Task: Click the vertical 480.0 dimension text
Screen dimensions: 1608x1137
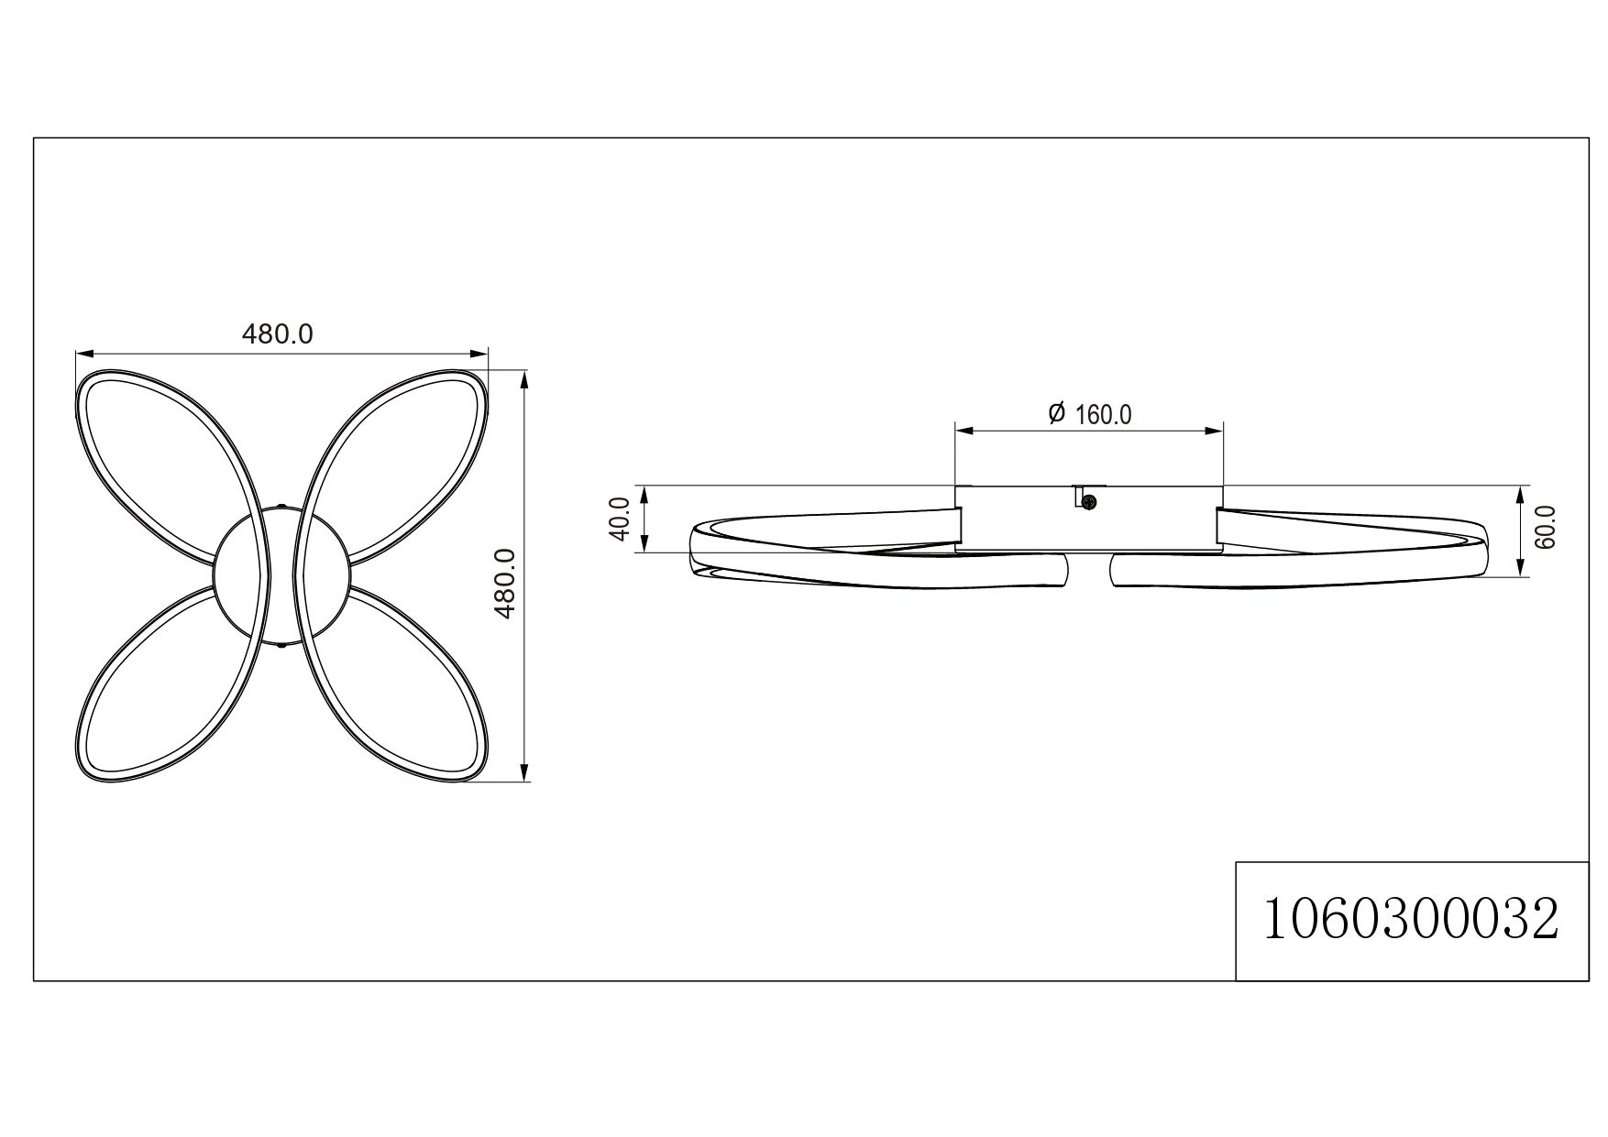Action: click(x=506, y=584)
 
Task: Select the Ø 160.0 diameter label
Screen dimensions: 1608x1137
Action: click(x=1090, y=414)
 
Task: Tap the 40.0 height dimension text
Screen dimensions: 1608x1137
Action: click(x=620, y=519)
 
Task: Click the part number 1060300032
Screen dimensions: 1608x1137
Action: click(x=1411, y=920)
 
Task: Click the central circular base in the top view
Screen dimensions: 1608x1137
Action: click(x=281, y=577)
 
